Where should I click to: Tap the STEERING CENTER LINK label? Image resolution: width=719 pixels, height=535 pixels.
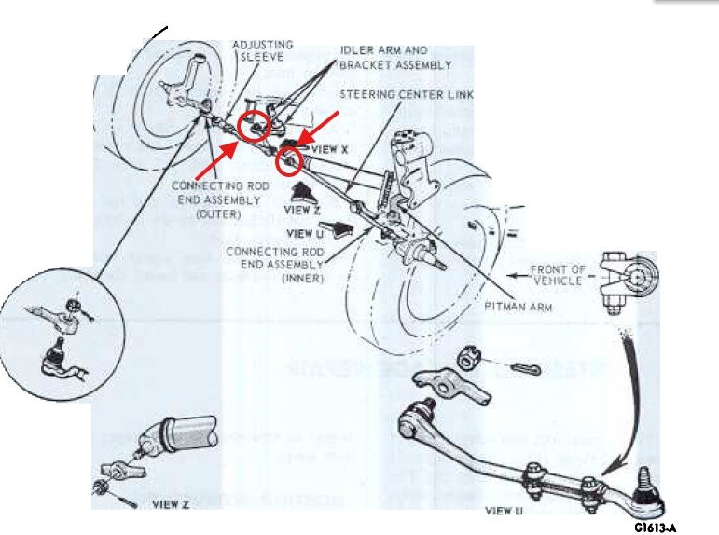[407, 94]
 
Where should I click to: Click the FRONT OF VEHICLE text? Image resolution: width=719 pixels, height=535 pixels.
[558, 275]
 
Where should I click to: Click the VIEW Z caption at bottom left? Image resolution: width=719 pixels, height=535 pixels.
[170, 503]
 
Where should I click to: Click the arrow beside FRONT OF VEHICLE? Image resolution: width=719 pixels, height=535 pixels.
[519, 275]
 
